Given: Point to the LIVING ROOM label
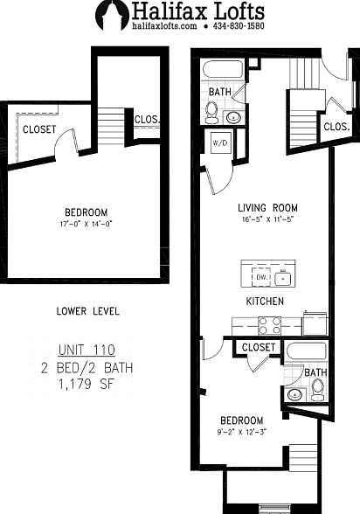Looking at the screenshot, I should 267,208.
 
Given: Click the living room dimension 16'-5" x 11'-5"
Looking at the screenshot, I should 267,220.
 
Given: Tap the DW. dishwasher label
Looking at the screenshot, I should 260,278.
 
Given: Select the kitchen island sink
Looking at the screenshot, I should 283,278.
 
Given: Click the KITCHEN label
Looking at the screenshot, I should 264,302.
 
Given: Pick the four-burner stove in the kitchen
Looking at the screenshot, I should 269,325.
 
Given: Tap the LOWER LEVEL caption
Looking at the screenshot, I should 87,311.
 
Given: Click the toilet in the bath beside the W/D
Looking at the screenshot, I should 211,112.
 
